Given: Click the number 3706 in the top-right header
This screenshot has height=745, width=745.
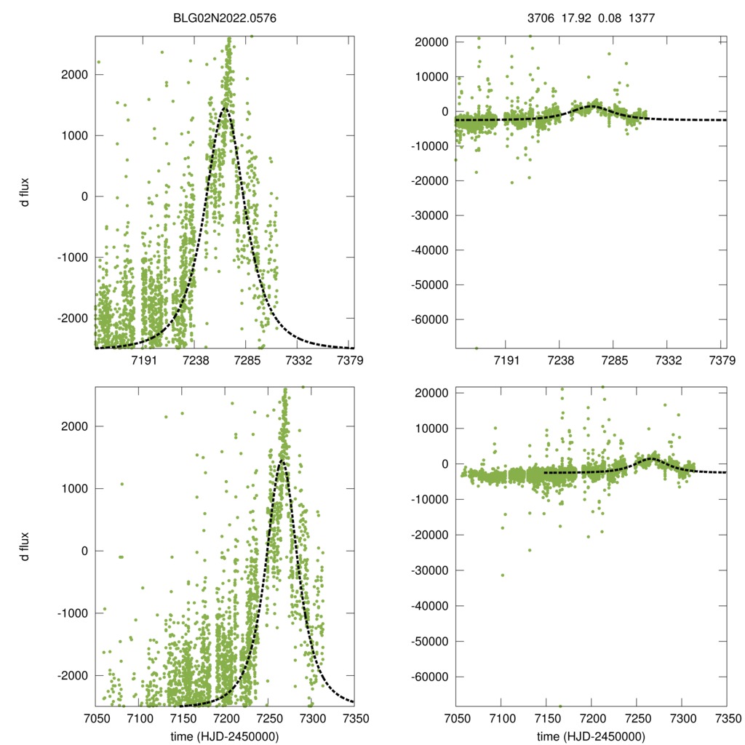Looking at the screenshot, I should point(541,20).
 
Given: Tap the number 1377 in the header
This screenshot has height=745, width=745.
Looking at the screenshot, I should point(642,20).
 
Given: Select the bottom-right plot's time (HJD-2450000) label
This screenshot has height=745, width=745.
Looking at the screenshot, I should point(591,736).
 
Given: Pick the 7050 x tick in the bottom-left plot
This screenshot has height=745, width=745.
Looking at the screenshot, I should point(95,718).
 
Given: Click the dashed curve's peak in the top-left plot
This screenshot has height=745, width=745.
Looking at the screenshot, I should point(225,108).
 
